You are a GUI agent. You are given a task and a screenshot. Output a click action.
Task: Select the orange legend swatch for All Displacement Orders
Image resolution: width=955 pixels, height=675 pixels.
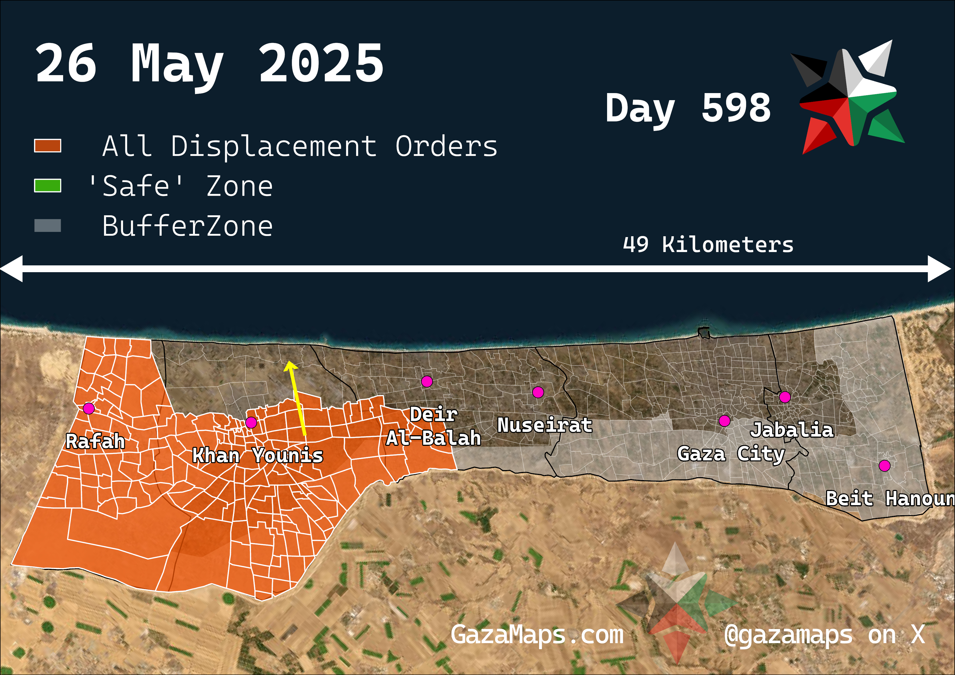point(47,146)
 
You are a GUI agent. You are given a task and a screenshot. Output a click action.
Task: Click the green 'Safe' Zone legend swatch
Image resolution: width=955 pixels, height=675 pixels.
point(47,186)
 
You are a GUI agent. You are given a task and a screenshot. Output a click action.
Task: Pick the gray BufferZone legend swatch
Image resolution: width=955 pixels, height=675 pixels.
point(47,225)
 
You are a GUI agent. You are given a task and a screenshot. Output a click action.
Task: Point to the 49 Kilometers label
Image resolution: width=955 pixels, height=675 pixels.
point(708,244)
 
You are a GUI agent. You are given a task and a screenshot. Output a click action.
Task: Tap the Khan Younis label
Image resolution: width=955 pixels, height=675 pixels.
point(258,455)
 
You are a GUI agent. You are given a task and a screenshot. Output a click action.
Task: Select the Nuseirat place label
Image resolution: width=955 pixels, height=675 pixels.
point(544,425)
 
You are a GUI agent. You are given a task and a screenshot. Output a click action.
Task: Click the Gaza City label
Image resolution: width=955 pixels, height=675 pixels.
point(731,454)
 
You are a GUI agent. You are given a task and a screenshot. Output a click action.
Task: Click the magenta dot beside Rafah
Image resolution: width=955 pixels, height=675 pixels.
point(88,409)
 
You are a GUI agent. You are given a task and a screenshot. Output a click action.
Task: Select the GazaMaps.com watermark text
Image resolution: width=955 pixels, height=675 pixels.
point(537,635)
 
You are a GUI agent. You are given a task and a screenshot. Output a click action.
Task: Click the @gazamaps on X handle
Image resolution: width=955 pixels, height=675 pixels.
point(824,635)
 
